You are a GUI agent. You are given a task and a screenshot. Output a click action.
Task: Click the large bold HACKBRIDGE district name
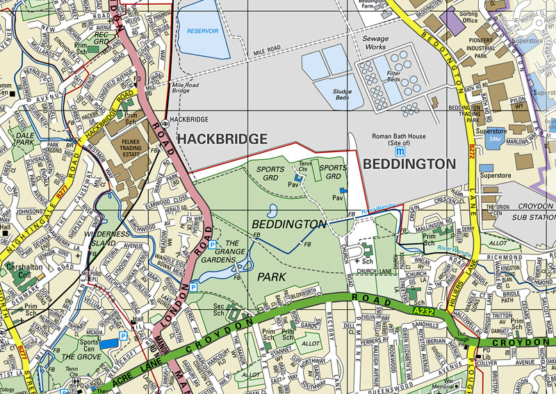pyautogui.click(x=222, y=140)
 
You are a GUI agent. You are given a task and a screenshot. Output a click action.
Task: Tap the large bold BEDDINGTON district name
pyautogui.click(x=409, y=164)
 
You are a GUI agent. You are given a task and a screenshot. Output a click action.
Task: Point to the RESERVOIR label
pyautogui.click(x=202, y=31)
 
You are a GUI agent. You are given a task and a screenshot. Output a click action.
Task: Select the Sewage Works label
pyautogui.click(x=375, y=43)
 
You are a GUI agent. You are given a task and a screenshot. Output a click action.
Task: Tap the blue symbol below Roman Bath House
pyautogui.click(x=400, y=151)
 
